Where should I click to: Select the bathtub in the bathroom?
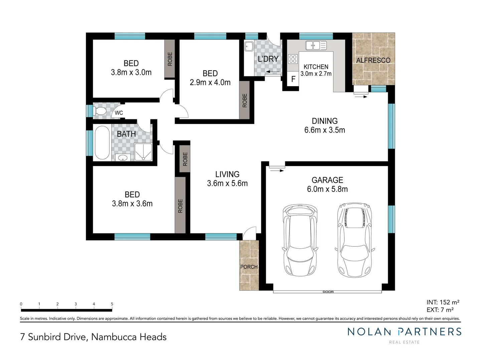click(102, 142)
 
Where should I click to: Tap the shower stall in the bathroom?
click(143, 152)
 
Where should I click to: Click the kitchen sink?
click(316, 45)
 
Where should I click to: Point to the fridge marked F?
click(293, 79)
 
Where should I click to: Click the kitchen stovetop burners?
click(293, 59)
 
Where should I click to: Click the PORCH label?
click(249, 267)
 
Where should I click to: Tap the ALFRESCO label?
click(373, 61)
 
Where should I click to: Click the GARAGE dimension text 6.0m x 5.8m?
click(327, 189)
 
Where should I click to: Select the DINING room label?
click(325, 121)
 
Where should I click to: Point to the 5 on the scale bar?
click(112, 304)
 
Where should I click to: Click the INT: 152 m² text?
click(443, 302)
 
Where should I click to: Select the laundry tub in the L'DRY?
click(249, 46)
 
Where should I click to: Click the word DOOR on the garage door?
click(328, 292)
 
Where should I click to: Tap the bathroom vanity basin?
click(123, 157)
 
